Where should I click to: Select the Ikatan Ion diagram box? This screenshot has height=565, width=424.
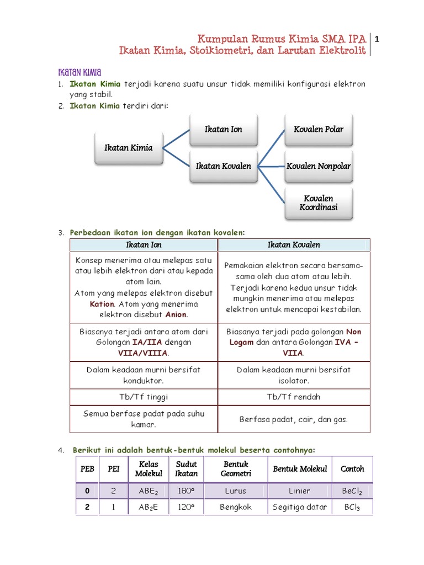coord(223,129)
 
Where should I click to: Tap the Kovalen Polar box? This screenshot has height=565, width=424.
coord(319,129)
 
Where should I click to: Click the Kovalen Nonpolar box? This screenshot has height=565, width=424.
coord(319,166)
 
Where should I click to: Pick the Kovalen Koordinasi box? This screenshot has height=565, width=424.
coord(319,203)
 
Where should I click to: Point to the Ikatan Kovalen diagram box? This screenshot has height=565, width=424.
coord(223,166)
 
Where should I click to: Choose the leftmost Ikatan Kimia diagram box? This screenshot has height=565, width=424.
coord(129,148)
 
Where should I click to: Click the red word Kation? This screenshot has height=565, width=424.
coord(102,304)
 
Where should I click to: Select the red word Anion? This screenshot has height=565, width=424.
coord(176,315)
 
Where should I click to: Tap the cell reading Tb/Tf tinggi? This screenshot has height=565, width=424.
coord(144,397)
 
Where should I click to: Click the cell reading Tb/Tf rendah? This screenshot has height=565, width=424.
coord(294,397)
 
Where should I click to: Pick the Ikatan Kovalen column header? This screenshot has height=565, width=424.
coord(294,245)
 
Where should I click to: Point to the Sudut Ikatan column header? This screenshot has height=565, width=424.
coord(186,469)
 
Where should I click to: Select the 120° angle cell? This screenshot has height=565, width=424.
coord(186,507)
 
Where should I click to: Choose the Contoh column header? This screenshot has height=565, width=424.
coord(352,469)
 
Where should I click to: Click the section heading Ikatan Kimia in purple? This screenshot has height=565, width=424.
coord(79,72)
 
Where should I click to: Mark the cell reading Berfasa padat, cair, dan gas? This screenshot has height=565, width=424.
coord(294,419)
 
